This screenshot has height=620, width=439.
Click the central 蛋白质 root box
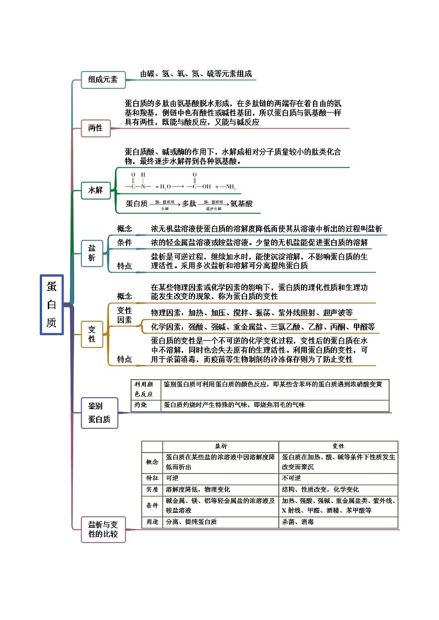[x=51, y=304]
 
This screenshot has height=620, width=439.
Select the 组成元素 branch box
[x=103, y=80]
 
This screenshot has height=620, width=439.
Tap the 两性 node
[x=96, y=128]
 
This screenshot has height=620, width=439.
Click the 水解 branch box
[x=96, y=190]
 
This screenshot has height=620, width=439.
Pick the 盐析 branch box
[x=92, y=253]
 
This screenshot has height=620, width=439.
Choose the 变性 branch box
[x=92, y=334]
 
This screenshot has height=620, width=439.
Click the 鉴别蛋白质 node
[x=99, y=412]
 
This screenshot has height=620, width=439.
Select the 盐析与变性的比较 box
[x=103, y=529]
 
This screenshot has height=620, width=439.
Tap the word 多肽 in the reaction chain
[x=189, y=204]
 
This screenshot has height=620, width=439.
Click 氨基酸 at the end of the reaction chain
[x=241, y=204]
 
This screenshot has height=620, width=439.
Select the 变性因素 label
[x=124, y=315]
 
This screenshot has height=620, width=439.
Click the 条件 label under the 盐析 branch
[x=124, y=243]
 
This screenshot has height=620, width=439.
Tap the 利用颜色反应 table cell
[x=143, y=389]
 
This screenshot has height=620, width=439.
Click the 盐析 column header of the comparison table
[x=221, y=446]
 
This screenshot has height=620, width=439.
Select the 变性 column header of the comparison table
[x=338, y=446]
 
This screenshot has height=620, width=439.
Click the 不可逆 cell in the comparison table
[x=291, y=478]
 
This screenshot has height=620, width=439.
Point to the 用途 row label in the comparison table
[x=151, y=521]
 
